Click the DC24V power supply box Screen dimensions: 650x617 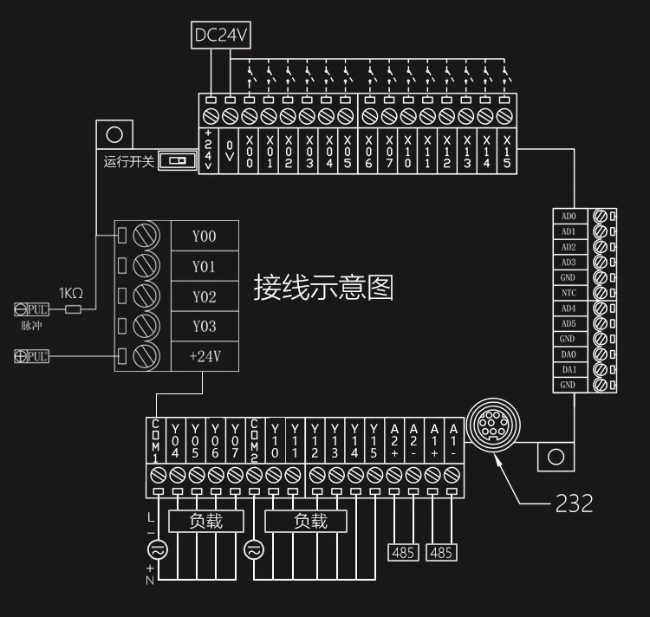point(220,36)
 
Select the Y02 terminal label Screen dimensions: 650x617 point(205,296)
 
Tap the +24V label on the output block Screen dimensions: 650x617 point(205,356)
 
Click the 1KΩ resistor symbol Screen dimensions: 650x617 point(73,309)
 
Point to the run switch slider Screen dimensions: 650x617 point(178,160)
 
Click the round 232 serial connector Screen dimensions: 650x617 point(493,425)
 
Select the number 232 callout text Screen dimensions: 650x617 point(574,503)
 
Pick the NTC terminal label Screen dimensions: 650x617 point(569,293)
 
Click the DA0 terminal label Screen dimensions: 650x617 point(569,354)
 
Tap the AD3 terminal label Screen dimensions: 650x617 point(569,263)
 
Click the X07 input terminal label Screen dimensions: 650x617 point(389,152)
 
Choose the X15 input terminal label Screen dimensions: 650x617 point(507,152)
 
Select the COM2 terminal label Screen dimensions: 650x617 point(254,440)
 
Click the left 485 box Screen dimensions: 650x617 point(403,553)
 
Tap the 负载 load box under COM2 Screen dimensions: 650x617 point(306,521)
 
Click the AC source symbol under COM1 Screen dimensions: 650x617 point(158,550)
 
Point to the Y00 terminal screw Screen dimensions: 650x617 point(146,236)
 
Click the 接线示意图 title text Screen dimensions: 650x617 point(323,287)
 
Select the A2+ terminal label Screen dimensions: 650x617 point(394,440)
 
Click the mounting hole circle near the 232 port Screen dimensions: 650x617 point(556,457)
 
